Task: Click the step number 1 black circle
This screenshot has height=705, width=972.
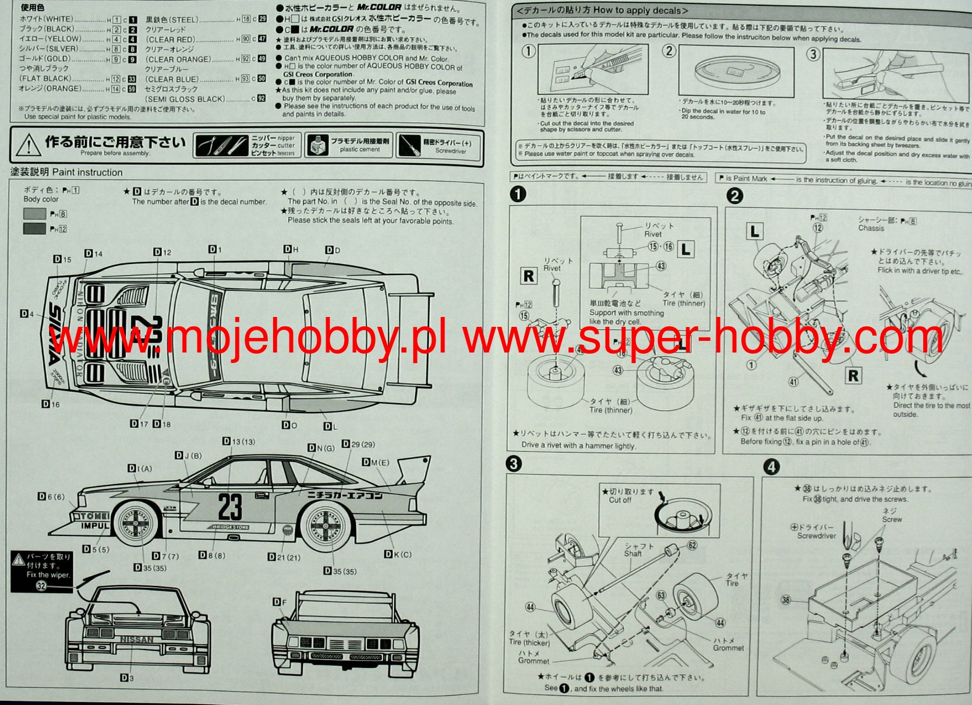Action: [x=518, y=194]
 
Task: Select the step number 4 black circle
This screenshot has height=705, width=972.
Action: [x=771, y=467]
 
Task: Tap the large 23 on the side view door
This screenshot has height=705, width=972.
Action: [x=230, y=506]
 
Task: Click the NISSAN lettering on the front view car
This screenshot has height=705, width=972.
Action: [x=137, y=640]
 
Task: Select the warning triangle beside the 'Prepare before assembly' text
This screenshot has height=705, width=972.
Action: [x=28, y=145]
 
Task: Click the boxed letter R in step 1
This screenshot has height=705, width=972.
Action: [x=529, y=276]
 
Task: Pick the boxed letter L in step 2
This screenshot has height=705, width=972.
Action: [x=755, y=231]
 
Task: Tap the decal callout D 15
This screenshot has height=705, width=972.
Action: [x=62, y=259]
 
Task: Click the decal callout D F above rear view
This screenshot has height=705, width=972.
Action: [x=280, y=602]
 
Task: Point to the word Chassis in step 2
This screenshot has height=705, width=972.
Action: [x=871, y=228]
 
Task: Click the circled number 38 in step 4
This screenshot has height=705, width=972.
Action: [x=786, y=600]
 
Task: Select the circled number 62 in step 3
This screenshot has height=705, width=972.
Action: [x=692, y=545]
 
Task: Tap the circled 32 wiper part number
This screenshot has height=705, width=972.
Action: [x=41, y=586]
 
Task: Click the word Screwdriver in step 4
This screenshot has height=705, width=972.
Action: [x=816, y=536]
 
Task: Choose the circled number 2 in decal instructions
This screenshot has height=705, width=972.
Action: [x=669, y=51]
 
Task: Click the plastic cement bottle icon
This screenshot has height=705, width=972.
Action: [x=316, y=146]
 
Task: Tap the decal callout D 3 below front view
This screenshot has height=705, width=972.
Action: [x=127, y=678]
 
